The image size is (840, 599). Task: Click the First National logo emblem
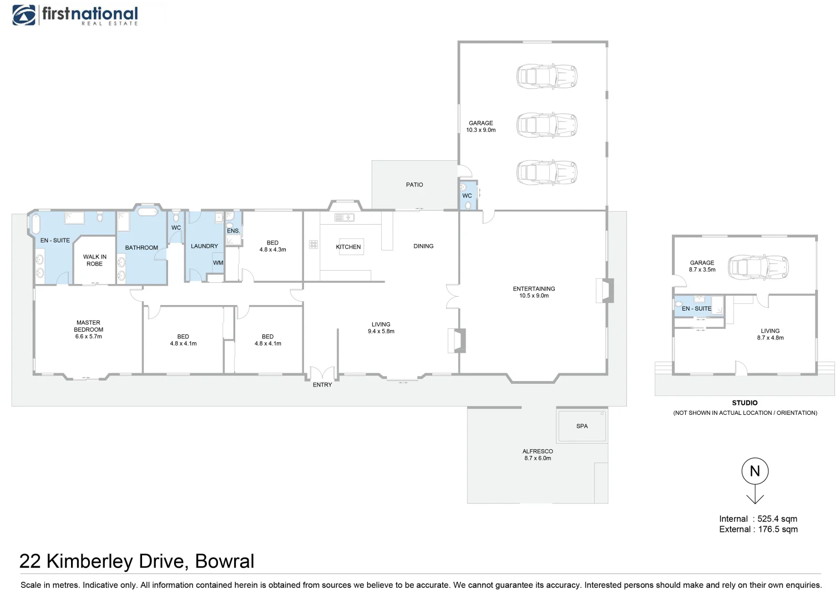(x=24, y=15)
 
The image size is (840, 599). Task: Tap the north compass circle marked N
(x=755, y=471)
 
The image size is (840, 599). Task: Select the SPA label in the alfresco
(x=581, y=426)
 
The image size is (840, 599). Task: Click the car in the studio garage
(x=758, y=267)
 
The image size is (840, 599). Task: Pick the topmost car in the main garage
(x=546, y=76)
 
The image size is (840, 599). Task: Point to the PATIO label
(x=414, y=185)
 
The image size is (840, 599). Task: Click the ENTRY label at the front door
(x=322, y=384)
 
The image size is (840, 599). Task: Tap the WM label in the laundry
(x=218, y=263)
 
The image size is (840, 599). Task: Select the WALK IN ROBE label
(x=95, y=260)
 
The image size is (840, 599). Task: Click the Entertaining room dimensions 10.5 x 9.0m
(x=534, y=296)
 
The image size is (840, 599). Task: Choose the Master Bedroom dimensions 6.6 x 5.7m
(x=89, y=336)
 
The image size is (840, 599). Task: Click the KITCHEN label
(x=348, y=247)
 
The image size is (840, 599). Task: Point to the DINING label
(x=423, y=246)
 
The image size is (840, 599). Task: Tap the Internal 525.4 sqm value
(x=777, y=519)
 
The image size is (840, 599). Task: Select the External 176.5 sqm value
(x=778, y=529)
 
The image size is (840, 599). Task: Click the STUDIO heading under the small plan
(x=744, y=403)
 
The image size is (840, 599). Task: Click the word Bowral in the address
(x=224, y=561)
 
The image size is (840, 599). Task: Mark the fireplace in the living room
(x=457, y=341)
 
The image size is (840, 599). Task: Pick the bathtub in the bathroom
(x=147, y=212)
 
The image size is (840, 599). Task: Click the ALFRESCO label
(x=537, y=451)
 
